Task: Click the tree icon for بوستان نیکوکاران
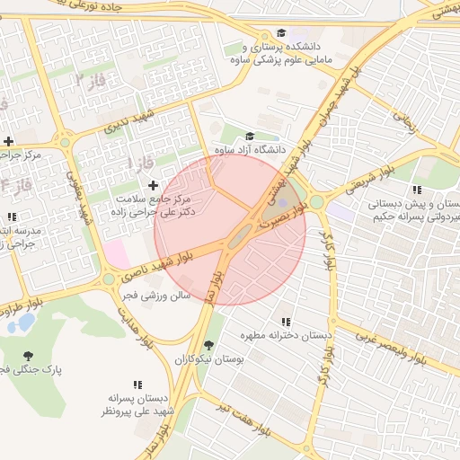(209, 345)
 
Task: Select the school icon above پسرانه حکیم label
(416, 190)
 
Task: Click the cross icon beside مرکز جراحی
(9, 141)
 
